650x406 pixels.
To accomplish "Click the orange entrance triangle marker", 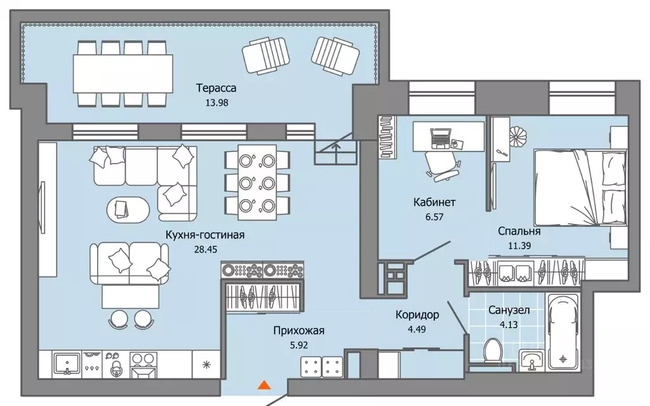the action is pos(265,385).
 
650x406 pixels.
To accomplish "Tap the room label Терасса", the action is pos(216,88).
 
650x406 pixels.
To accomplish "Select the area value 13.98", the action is pos(217,102).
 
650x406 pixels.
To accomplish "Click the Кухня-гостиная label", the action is pos(205,235).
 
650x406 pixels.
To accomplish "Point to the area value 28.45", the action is pos(206,249).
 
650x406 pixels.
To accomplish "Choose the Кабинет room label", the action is pos(434,202).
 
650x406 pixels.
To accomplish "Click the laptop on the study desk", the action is pos(441,139).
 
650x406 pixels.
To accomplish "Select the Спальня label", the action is pos(519,231).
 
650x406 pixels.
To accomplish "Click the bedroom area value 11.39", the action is pos(519,245).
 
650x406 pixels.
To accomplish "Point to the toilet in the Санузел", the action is pos(493,352).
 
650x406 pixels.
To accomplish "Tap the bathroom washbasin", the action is pos(531,360).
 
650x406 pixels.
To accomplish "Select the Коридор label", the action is pos(417,315).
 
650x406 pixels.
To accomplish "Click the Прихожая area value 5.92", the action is pos(298,345).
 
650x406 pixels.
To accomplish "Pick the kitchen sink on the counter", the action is pos(67,364).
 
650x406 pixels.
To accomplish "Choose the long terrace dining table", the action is pos(123,74).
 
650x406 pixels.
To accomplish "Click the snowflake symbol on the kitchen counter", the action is pos(206,365).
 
